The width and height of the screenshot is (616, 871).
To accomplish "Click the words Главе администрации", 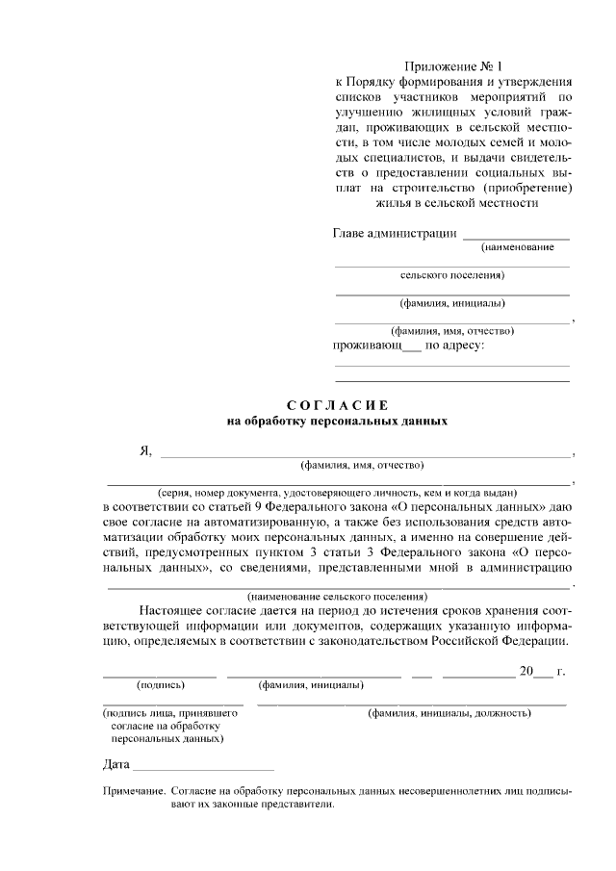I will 395,233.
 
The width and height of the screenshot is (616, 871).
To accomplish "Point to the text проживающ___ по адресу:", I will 409,345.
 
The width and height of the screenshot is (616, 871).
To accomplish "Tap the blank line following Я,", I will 366,453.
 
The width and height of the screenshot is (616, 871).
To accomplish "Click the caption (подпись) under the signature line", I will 161,685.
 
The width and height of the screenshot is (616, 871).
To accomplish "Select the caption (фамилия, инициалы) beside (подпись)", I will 311,685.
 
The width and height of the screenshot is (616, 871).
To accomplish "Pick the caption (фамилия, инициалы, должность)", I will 449,713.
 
